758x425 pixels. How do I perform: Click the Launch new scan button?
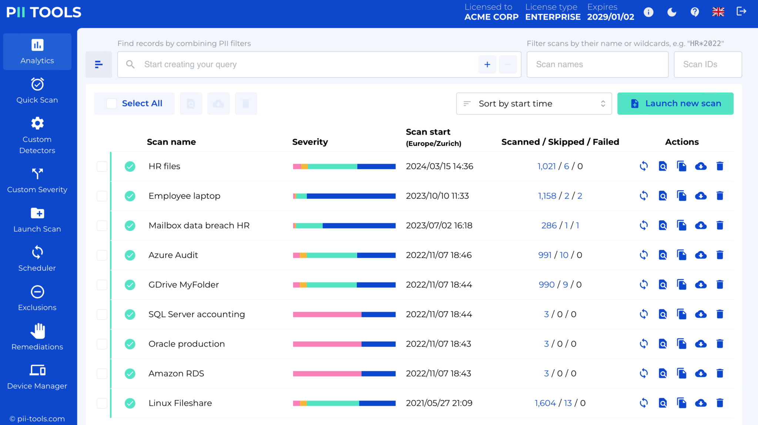coord(675,104)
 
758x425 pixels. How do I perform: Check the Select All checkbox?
coord(111,104)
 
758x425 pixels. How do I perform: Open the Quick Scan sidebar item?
coord(37,91)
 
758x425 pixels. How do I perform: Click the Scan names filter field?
coord(597,64)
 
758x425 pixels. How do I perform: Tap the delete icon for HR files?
coord(720,166)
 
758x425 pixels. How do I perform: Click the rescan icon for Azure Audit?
coord(644,255)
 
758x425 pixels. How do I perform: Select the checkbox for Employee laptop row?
coord(102,196)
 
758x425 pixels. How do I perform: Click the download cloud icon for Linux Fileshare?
coord(700,403)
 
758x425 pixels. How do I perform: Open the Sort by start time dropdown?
coord(534,104)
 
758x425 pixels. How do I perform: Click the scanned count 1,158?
coord(547,196)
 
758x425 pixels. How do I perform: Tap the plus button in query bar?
coord(487,64)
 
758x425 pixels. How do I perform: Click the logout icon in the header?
coord(741,12)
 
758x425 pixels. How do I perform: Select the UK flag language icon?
coord(718,12)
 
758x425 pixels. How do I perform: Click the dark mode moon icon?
coord(671,12)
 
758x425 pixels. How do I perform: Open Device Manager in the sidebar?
coord(37,377)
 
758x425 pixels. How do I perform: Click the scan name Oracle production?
coord(187,344)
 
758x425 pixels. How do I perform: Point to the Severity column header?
coord(310,142)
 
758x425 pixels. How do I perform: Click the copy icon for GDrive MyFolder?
coord(681,285)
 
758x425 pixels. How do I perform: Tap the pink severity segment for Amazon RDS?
coord(327,374)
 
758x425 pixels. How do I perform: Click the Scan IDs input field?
coord(707,64)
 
